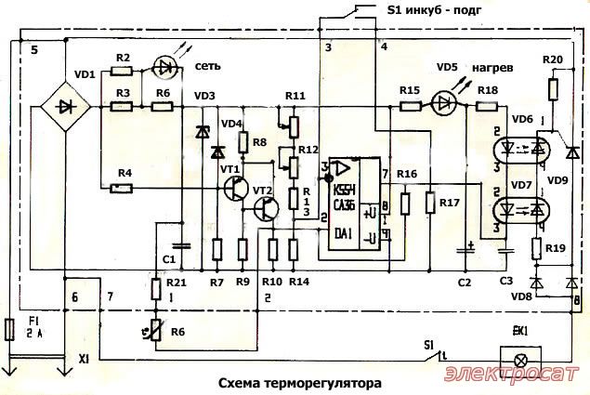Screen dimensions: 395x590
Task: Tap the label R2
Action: click(x=123, y=59)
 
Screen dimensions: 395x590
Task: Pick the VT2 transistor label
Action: click(x=262, y=191)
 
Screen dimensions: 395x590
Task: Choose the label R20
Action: click(x=551, y=59)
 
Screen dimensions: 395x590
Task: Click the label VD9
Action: click(x=556, y=179)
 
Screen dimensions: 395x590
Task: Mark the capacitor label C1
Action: click(x=168, y=257)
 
